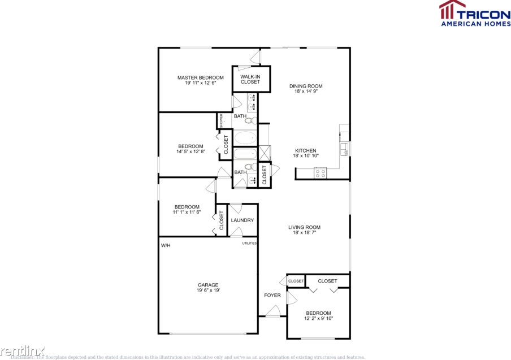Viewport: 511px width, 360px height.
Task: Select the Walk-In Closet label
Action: [250, 79]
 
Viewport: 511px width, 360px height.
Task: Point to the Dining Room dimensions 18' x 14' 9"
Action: [306, 91]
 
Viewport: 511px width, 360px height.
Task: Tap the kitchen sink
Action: [344, 149]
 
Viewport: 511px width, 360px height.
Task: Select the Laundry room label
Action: [242, 220]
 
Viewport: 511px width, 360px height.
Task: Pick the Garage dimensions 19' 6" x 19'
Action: [208, 290]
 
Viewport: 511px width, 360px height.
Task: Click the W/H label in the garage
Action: [166, 246]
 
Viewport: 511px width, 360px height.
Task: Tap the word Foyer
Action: [272, 296]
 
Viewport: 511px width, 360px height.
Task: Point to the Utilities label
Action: [250, 243]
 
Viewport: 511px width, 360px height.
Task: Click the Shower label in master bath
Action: [222, 120]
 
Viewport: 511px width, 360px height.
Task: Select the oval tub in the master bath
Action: [245, 137]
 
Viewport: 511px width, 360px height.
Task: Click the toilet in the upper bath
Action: [249, 120]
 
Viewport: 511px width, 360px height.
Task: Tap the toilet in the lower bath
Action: [249, 167]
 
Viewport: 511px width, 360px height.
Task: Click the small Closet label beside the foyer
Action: [296, 281]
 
